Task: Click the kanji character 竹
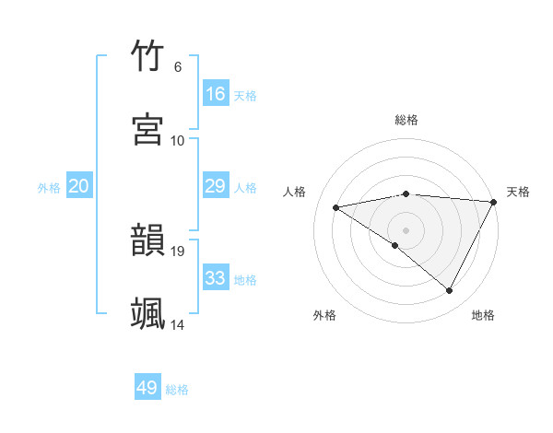tap(148, 57)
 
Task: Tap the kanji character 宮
tap(148, 130)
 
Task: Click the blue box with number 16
tap(216, 94)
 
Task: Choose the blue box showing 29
tap(216, 186)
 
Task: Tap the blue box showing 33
tap(216, 278)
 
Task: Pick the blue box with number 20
tap(79, 186)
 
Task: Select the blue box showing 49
tap(147, 388)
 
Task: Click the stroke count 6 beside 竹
tap(177, 66)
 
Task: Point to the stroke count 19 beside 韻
tap(179, 251)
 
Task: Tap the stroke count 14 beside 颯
tap(179, 324)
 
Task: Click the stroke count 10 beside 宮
tap(178, 140)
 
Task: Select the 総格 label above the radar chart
tap(406, 120)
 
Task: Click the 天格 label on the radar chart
tap(518, 192)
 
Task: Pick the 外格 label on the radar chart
tap(324, 315)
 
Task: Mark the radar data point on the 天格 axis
tap(494, 202)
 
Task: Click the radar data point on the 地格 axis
tap(450, 291)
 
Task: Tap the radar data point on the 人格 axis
tap(336, 207)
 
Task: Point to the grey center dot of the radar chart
tap(406, 229)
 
